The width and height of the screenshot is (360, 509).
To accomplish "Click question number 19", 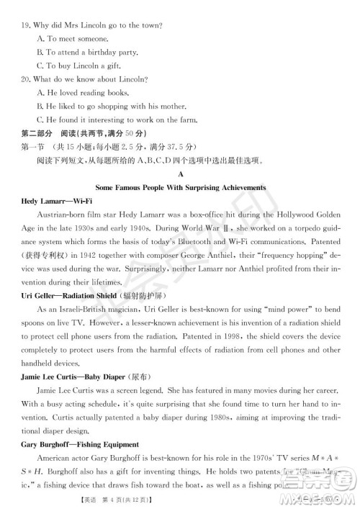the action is click(28, 24).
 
